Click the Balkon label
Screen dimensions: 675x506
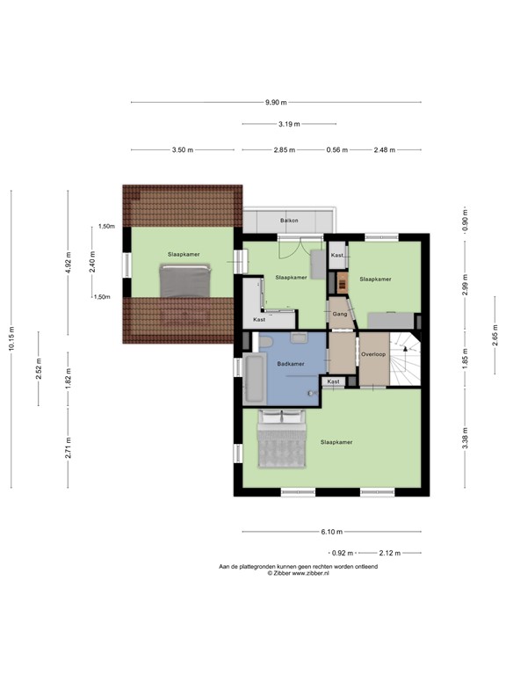point(289,220)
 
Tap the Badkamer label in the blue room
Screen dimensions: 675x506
point(290,363)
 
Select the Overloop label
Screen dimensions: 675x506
point(373,354)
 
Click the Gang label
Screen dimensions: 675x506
point(340,313)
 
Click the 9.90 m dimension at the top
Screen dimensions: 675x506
point(276,103)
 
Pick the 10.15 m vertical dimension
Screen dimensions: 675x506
point(11,336)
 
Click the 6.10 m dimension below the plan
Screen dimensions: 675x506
point(331,532)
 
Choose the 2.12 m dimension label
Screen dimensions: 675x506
point(389,553)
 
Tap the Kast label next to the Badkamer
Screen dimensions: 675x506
point(334,381)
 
